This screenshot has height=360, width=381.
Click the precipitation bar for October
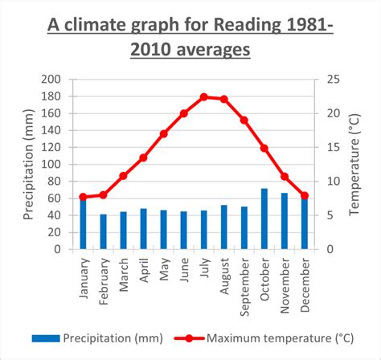[264, 219]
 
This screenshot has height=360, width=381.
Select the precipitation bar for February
[103, 231]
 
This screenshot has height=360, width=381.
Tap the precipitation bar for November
[284, 221]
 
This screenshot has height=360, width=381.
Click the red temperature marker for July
[203, 96]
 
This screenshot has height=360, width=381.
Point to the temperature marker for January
[83, 197]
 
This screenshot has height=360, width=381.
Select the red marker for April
[143, 157]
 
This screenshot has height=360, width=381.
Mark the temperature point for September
[244, 121]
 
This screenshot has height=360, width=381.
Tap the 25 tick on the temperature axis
[332, 79]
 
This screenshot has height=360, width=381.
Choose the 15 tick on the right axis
[332, 147]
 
